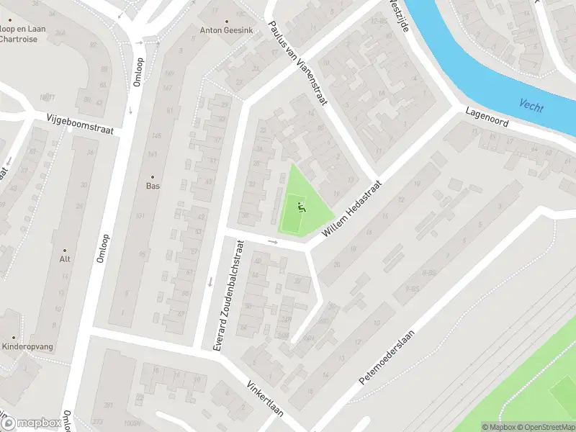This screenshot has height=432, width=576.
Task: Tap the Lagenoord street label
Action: click(x=487, y=118)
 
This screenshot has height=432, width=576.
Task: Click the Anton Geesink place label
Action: click(x=227, y=31)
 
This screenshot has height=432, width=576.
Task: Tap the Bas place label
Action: click(x=153, y=186)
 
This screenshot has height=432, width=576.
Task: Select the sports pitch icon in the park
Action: click(x=302, y=208)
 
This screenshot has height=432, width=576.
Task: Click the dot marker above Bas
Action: click(x=153, y=176)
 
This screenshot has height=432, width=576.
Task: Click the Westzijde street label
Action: click(x=397, y=14)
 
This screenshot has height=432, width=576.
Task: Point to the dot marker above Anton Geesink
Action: click(x=227, y=21)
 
